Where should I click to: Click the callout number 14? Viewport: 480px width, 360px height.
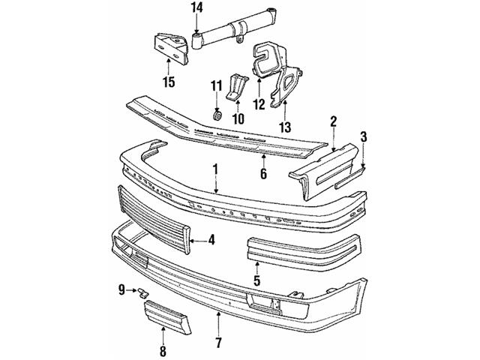click(196, 9)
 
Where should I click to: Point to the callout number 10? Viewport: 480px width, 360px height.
click(238, 118)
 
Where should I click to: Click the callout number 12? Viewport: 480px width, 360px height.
click(259, 105)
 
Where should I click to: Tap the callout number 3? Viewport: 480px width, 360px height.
click(363, 136)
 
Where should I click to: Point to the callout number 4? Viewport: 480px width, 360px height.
click(212, 241)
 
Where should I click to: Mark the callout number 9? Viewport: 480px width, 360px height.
click(121, 289)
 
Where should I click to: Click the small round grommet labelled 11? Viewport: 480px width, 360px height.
click(217, 115)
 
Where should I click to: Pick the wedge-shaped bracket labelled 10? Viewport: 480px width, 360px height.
click(237, 87)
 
